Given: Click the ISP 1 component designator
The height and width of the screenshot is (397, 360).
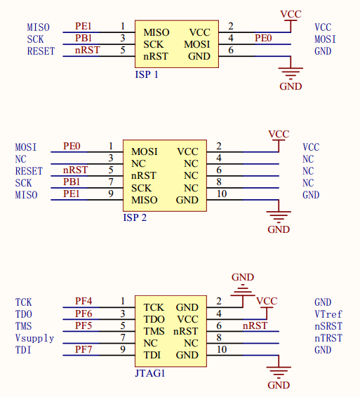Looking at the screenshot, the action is point(147,74).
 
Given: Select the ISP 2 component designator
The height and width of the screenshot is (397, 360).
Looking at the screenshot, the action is point(135,217).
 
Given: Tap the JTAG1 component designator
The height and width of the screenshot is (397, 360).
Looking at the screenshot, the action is point(150,373).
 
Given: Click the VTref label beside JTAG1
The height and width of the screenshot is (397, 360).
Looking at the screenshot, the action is point(328,314).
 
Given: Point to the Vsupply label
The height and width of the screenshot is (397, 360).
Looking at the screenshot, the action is point(34,339).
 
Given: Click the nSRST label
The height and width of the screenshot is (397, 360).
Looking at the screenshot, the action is point(328,326).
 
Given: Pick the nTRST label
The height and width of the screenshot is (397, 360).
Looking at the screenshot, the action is point(328,338).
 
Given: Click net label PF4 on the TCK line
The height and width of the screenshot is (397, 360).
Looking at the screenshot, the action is point(84,301).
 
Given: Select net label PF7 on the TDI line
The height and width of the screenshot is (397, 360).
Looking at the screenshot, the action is point(84,349).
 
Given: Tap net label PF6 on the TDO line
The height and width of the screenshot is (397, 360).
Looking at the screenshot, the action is point(84,314).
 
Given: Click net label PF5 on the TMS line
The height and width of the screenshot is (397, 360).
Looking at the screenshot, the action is point(84,325).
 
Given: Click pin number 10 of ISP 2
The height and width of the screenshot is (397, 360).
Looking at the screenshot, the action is point(222,194).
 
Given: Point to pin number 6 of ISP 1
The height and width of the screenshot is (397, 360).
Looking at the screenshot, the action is point(231,50).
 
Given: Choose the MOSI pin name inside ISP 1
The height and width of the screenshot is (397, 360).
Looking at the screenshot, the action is point(197,45).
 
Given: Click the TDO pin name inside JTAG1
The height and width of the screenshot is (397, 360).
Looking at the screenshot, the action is point(154,319).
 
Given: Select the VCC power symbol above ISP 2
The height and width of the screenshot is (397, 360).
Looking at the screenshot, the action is point(279,138).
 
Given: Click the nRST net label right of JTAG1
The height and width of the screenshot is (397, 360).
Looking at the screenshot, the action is point(255,325).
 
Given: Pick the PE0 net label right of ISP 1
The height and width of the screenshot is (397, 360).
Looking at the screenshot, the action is point(263,39).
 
